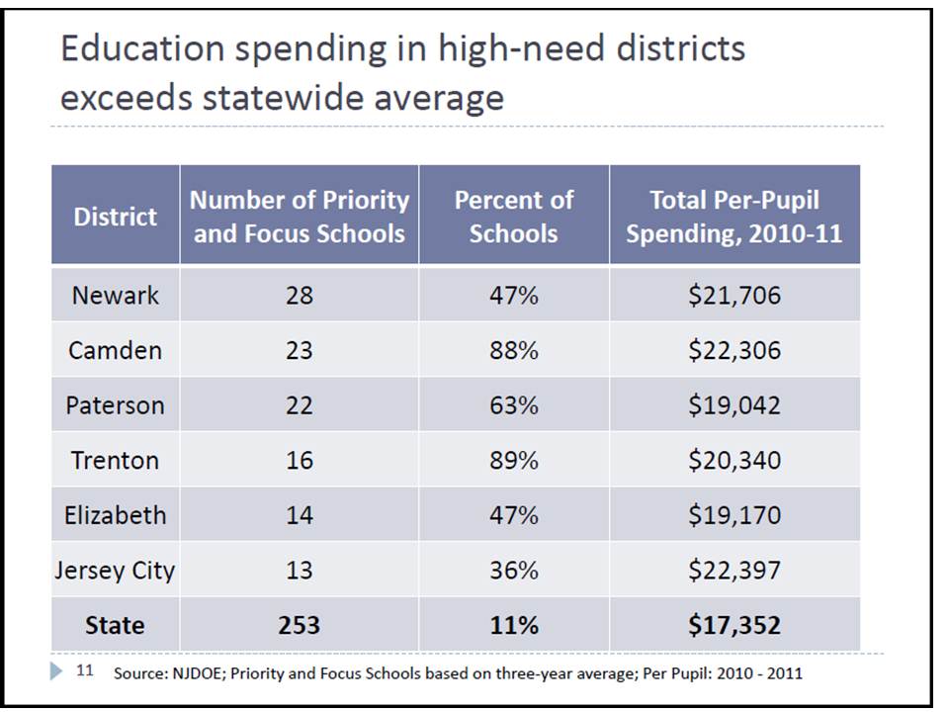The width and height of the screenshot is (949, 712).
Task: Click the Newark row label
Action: (x=115, y=295)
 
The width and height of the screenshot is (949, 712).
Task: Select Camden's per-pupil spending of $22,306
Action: (x=733, y=350)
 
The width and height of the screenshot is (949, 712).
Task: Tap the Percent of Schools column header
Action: (x=513, y=216)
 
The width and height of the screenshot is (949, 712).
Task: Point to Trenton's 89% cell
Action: (x=513, y=460)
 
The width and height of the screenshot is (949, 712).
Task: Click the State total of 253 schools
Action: (x=299, y=625)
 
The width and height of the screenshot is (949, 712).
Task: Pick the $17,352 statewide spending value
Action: (x=733, y=625)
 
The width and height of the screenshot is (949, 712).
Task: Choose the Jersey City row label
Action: (x=115, y=571)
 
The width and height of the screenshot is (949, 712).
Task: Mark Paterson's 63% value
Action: (x=513, y=405)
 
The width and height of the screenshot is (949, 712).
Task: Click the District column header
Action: (x=115, y=217)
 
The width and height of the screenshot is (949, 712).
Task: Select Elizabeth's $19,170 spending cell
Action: (x=733, y=515)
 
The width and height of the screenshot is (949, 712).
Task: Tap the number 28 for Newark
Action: (x=299, y=295)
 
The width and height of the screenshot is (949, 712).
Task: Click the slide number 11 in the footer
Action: (x=85, y=671)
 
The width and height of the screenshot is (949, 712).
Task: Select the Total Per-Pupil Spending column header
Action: (x=733, y=216)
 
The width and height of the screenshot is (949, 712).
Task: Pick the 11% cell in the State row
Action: (x=513, y=625)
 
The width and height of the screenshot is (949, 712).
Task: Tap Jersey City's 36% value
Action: (x=513, y=571)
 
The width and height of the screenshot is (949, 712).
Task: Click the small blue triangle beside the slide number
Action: (x=55, y=670)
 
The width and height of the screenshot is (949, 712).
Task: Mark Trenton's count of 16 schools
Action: (x=299, y=460)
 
